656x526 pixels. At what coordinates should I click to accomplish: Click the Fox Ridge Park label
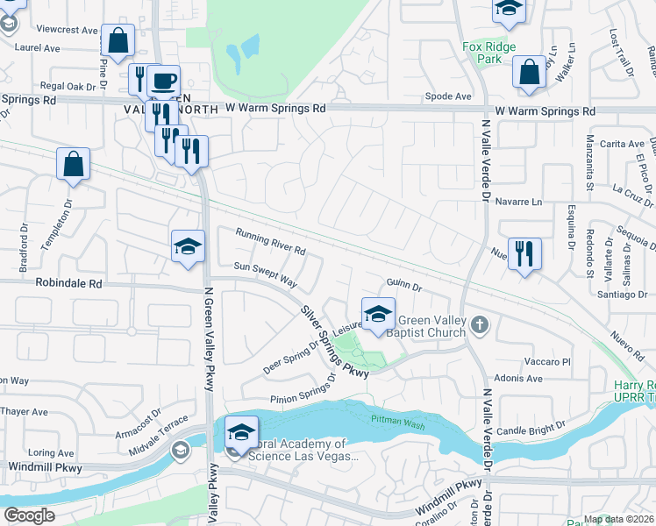pos(488,53)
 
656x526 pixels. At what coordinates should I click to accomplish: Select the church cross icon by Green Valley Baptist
pos(478,325)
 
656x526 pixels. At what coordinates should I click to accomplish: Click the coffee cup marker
pos(163,82)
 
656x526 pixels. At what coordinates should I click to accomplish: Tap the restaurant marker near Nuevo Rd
pos(524,255)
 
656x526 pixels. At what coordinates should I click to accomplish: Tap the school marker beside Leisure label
pos(378,315)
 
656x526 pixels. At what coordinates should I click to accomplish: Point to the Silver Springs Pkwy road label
pos(334,340)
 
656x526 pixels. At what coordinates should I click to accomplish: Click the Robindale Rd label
pos(68,284)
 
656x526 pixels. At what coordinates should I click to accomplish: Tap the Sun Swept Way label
pos(265,274)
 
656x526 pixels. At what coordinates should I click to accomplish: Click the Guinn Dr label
pos(404,285)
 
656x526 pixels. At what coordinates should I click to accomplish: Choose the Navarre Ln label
pos(519,203)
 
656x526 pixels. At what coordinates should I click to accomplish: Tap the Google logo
pos(29,515)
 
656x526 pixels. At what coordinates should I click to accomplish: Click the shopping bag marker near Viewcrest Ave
pos(118,40)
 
